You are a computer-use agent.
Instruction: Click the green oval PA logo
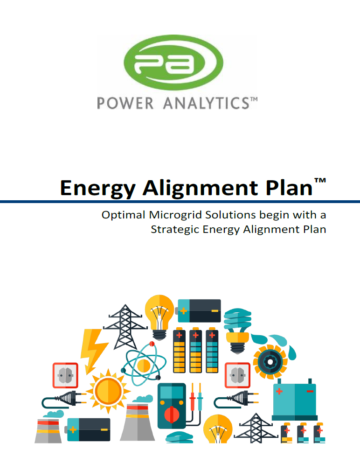(173, 63)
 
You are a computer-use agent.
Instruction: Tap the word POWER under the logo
(125, 103)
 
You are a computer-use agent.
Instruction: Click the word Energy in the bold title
(98, 189)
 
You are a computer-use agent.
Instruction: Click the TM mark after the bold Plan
(320, 181)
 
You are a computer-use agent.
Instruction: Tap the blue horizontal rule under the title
(180, 202)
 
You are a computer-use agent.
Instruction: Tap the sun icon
(108, 391)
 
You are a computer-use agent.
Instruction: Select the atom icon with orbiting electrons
(144, 364)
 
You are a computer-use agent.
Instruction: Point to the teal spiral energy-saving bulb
(238, 330)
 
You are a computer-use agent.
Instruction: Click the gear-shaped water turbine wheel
(270, 362)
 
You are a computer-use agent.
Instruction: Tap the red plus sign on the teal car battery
(279, 392)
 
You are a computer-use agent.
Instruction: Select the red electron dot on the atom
(152, 344)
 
